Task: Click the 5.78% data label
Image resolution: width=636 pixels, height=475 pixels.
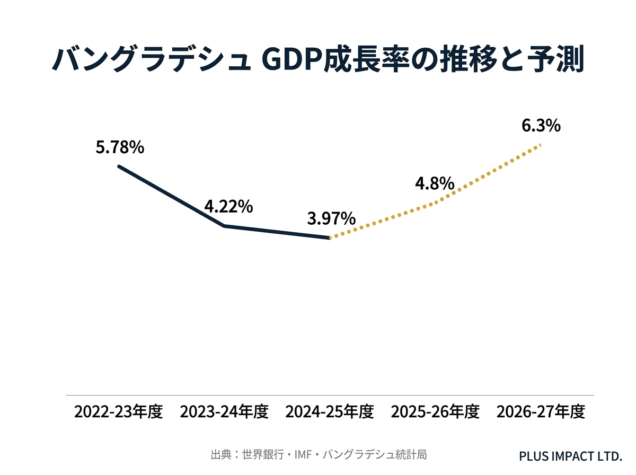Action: coord(120,147)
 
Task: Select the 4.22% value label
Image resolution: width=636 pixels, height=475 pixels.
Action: coord(228,207)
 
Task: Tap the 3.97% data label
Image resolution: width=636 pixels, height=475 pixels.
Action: coord(331,219)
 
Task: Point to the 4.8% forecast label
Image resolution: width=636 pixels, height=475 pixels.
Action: coord(435,183)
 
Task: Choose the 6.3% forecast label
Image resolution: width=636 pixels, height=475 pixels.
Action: coord(541,126)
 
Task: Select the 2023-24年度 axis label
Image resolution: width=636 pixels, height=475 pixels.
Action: coord(224,412)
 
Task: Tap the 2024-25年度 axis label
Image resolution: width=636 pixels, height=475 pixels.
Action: coord(330,412)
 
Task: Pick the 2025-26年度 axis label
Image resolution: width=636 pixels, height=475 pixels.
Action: coord(435,412)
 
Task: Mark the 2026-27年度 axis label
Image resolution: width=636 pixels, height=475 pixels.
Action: coord(541,412)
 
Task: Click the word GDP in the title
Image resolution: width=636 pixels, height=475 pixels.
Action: coord(294,60)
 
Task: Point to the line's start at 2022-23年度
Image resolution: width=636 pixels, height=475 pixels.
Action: coord(119,166)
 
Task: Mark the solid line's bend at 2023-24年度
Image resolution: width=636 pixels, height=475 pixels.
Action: coord(224,226)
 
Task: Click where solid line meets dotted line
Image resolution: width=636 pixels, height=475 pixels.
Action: coord(330,238)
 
